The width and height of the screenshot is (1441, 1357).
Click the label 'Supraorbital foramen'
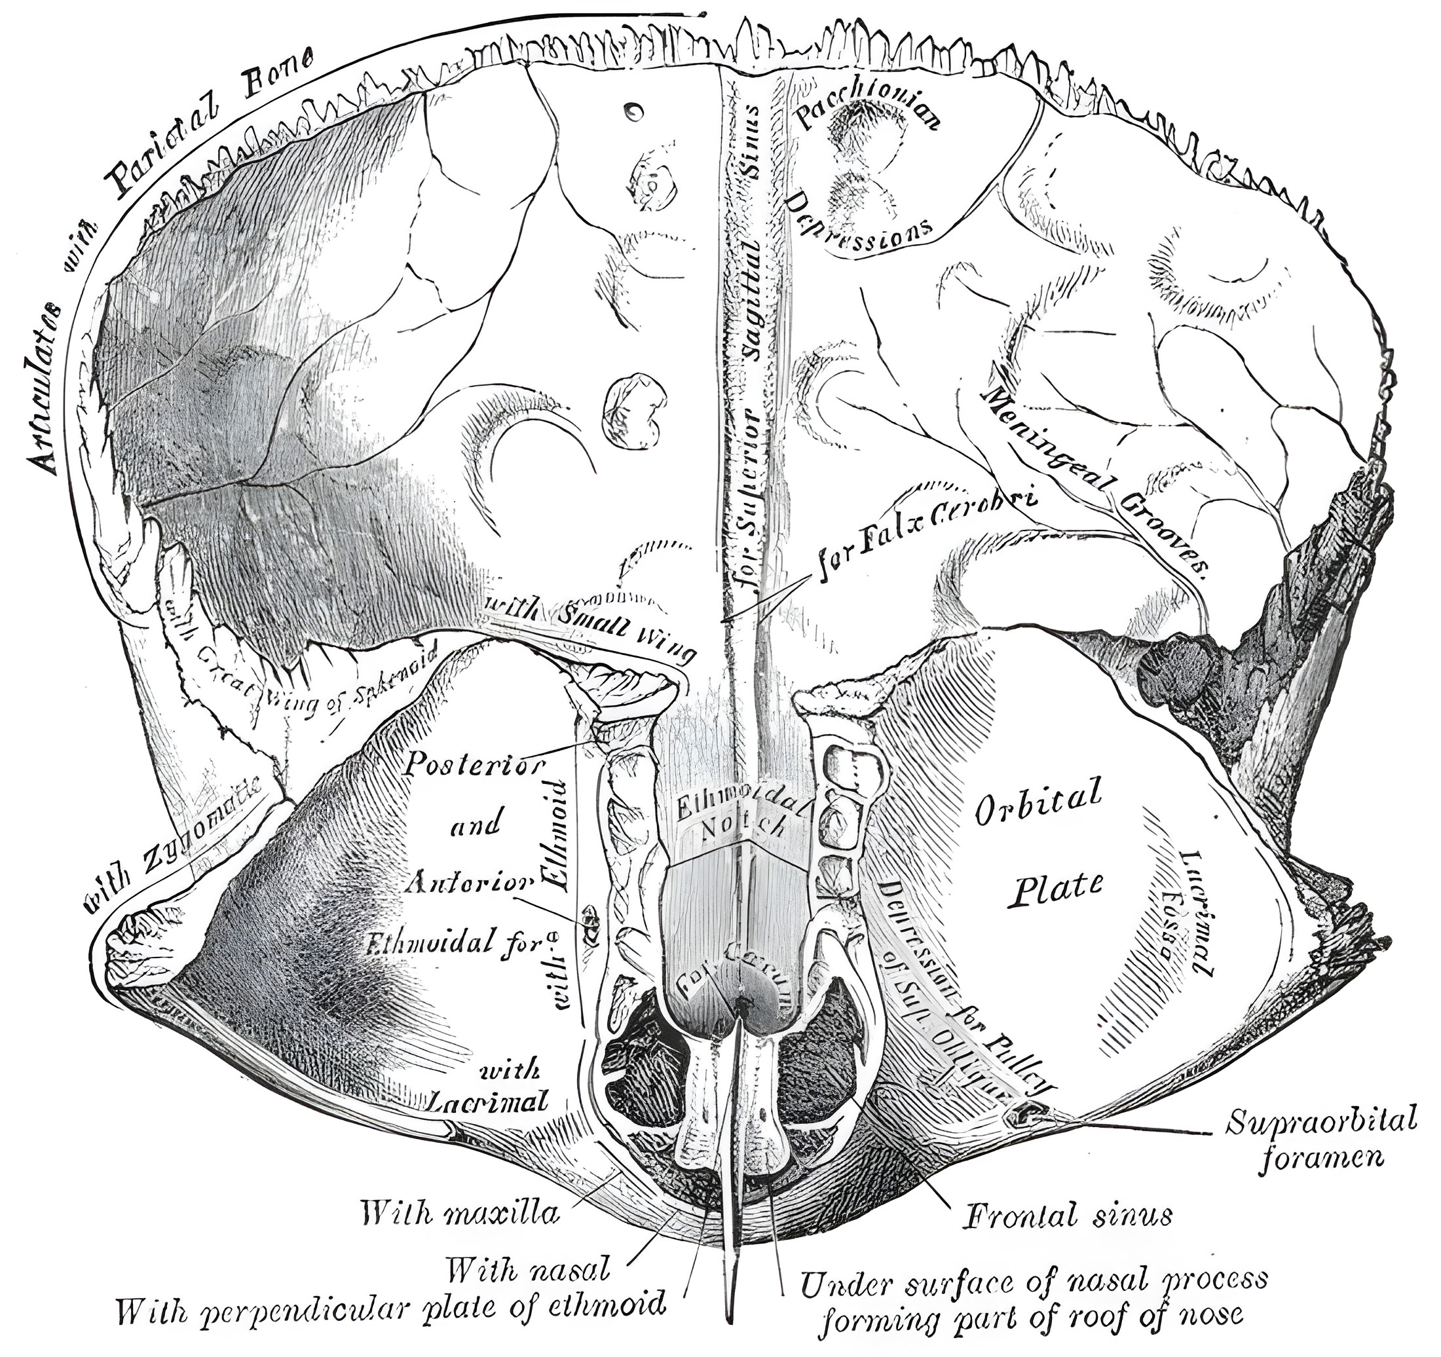pos(1319,1138)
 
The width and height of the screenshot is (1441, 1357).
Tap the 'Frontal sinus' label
pos(1066,1214)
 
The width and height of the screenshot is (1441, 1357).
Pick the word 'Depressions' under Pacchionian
pos(859,214)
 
